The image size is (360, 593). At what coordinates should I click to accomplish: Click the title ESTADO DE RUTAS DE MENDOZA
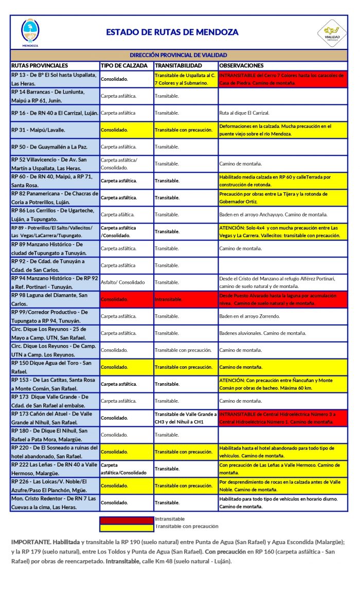pyautogui.click(x=172, y=32)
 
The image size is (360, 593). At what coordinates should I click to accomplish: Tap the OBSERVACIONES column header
pyautogui.click(x=241, y=66)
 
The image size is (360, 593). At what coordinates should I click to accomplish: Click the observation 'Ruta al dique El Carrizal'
pyautogui.click(x=244, y=113)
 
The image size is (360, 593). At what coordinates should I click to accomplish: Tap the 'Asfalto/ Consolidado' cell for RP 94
pyautogui.click(x=123, y=282)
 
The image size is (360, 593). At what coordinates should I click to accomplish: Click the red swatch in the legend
pyautogui.click(x=127, y=519)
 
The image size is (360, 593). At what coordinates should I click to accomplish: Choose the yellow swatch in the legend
pyautogui.click(x=127, y=527)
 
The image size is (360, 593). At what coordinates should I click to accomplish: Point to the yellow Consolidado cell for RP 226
pyautogui.click(x=115, y=486)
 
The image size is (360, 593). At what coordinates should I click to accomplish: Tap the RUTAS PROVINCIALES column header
pyautogui.click(x=40, y=66)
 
